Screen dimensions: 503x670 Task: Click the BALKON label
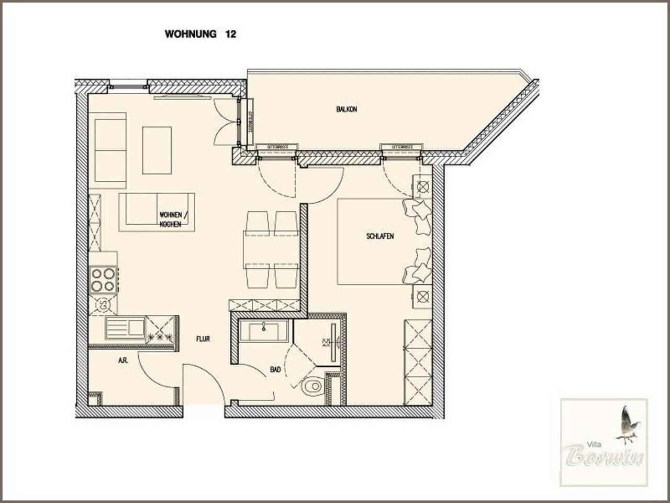click(347, 110)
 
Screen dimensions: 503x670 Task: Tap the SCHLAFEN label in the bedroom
click(380, 236)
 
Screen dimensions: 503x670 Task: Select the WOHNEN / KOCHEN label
click(171, 220)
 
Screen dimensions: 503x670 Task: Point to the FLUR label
click(203, 339)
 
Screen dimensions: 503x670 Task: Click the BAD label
click(275, 369)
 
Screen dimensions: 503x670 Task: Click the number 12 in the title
click(230, 34)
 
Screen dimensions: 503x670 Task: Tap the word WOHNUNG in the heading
click(191, 34)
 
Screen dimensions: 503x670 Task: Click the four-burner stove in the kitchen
click(103, 279)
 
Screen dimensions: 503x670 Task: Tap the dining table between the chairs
click(271, 249)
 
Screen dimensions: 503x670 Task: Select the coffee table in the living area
click(157, 150)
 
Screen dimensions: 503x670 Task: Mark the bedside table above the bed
click(422, 186)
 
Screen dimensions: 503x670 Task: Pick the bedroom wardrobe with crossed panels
click(418, 362)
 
